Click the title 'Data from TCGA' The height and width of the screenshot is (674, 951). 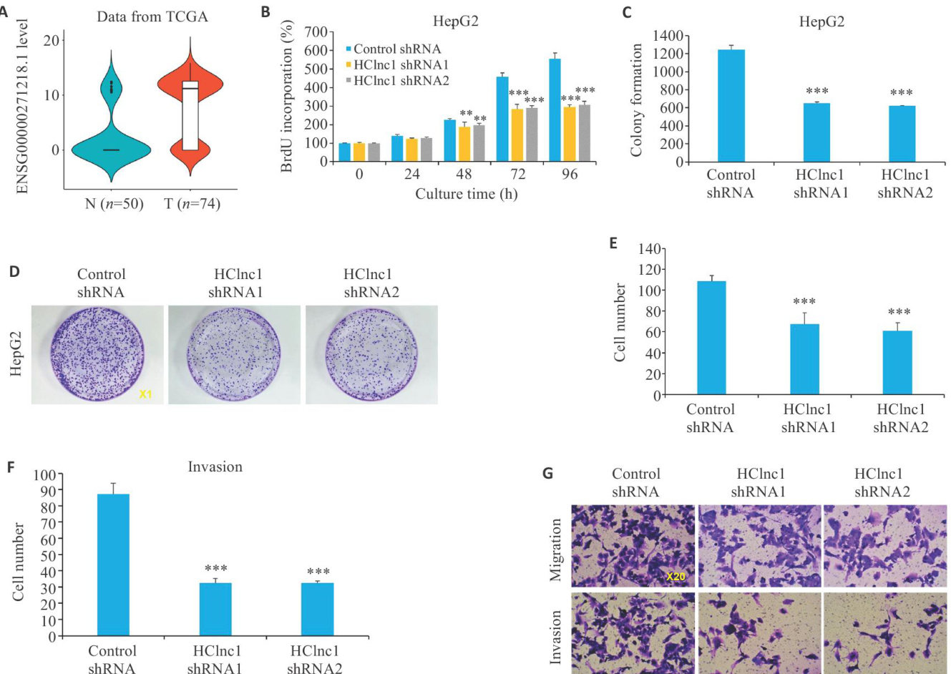(x=152, y=16)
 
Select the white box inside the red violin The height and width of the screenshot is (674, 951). (x=190, y=114)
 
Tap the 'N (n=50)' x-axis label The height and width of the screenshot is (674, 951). (x=114, y=204)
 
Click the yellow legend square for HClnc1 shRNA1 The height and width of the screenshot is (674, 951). (x=348, y=65)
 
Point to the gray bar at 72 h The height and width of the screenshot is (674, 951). (x=532, y=135)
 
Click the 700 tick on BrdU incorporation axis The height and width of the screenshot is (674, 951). (x=317, y=32)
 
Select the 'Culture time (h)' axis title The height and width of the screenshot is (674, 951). (x=466, y=194)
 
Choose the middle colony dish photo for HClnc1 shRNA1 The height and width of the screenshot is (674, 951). (x=234, y=355)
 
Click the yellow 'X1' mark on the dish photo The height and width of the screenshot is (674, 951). (x=145, y=394)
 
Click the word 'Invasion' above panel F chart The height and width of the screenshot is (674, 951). (x=215, y=467)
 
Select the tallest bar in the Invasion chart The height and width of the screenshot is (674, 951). (x=113, y=565)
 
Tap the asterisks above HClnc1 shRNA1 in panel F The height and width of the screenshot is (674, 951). (x=215, y=570)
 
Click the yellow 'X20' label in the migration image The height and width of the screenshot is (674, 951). (x=676, y=576)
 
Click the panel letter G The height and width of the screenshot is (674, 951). (x=548, y=473)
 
